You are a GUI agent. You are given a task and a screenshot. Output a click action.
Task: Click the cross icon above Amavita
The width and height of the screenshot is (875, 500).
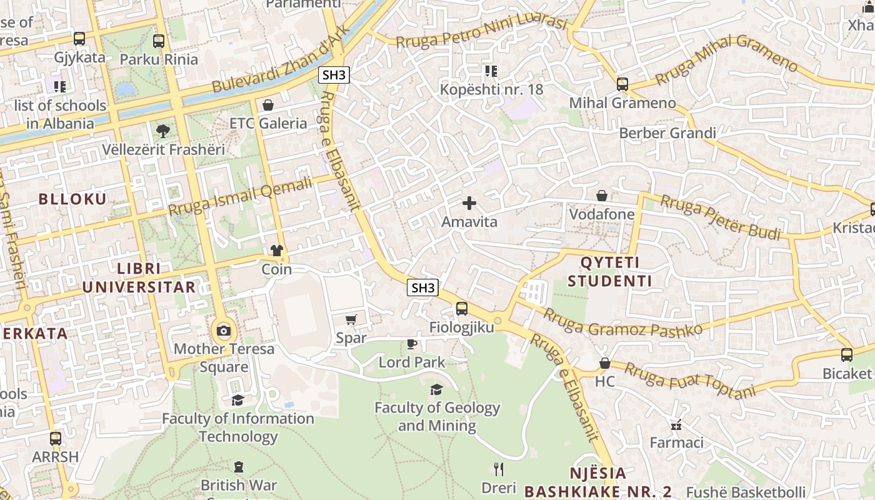469,203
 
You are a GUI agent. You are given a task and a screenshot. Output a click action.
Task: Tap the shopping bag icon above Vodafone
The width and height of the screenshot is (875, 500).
601,196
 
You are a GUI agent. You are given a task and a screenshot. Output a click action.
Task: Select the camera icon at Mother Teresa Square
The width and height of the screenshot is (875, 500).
223,331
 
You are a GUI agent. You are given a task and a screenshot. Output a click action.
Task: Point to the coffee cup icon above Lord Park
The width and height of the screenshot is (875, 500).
412,344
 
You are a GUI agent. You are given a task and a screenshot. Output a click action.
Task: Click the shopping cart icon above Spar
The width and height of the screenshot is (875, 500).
351,319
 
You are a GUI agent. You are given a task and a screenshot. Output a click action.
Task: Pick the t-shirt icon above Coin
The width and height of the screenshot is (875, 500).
277,251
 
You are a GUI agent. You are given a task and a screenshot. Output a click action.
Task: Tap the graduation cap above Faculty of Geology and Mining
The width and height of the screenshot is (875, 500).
436,389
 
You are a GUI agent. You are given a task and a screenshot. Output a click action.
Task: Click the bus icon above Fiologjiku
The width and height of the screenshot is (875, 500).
461,308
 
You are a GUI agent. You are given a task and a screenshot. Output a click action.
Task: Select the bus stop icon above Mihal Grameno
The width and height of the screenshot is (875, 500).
622,84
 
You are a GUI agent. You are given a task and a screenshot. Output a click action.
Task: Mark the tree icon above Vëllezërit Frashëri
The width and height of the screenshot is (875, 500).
162,131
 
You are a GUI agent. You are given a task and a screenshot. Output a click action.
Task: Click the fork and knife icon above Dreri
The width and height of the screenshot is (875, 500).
498,469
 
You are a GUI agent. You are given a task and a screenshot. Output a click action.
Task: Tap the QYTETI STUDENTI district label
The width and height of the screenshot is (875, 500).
609,271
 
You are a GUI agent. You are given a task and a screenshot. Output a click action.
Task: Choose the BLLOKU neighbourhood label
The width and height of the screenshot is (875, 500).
72,199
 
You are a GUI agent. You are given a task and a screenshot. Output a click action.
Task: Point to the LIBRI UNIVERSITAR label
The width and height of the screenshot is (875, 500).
139,278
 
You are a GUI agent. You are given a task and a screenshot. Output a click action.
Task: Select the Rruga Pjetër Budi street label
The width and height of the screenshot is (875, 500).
720,217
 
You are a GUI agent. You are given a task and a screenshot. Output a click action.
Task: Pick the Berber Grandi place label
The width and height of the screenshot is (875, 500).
667,133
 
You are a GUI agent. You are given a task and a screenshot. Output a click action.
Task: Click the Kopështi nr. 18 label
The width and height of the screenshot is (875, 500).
491,89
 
